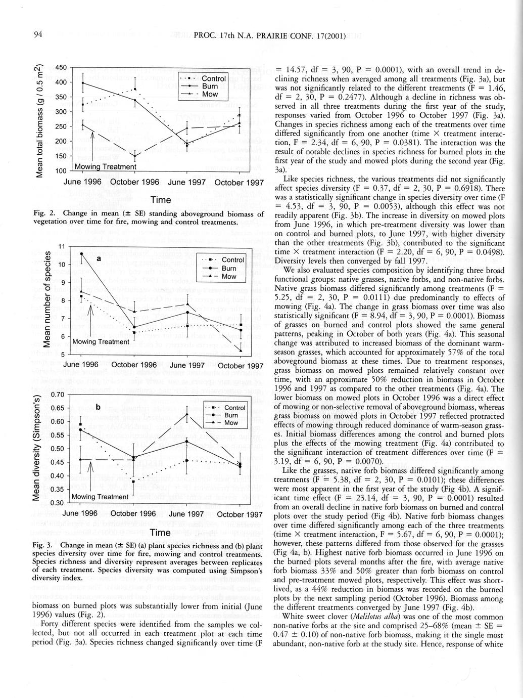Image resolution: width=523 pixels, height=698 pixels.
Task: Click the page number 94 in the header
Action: [x=38, y=34]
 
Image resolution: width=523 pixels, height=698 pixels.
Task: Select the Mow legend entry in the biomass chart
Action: [x=210, y=95]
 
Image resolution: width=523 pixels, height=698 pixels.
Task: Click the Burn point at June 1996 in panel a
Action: [x=81, y=253]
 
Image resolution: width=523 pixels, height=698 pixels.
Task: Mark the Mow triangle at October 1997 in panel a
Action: [x=241, y=350]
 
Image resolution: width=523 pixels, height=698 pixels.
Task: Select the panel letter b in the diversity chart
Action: [x=98, y=408]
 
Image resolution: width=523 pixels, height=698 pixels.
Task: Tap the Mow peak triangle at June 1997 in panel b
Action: [x=187, y=414]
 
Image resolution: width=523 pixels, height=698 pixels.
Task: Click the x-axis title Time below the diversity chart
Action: [x=160, y=533]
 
